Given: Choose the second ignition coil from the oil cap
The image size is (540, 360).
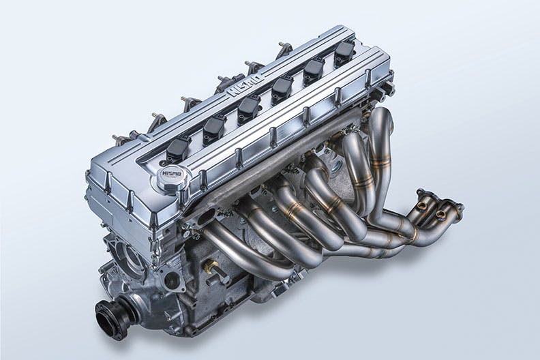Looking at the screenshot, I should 215,127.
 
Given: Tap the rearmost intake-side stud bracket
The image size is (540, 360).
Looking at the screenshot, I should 284,50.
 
